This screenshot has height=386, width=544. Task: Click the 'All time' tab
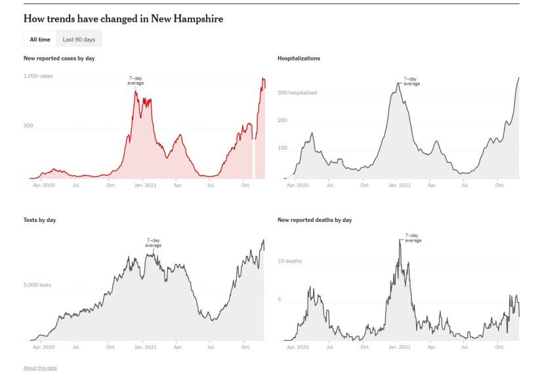[39, 39]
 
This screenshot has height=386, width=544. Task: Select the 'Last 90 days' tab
[79, 39]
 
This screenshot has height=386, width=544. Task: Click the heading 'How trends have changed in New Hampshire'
[123, 18]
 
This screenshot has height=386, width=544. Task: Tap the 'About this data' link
[40, 368]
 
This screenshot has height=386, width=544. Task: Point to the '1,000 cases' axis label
[39, 76]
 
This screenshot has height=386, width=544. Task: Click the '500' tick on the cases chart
[28, 125]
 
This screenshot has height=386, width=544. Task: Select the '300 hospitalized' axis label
[297, 93]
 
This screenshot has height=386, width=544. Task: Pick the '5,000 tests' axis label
[38, 285]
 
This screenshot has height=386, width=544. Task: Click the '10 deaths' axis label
[289, 261]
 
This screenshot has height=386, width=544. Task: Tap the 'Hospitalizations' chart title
[299, 58]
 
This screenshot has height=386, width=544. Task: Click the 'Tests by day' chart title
[39, 220]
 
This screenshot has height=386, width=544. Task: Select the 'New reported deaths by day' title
[314, 220]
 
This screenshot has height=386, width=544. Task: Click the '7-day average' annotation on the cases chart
[134, 81]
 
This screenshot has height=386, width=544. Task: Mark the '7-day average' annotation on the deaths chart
[413, 238]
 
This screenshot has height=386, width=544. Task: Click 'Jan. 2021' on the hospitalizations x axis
[399, 186]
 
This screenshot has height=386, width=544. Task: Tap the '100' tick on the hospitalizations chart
[283, 148]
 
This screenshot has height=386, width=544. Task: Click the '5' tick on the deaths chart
[280, 300]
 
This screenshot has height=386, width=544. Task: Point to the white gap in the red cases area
[254, 158]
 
